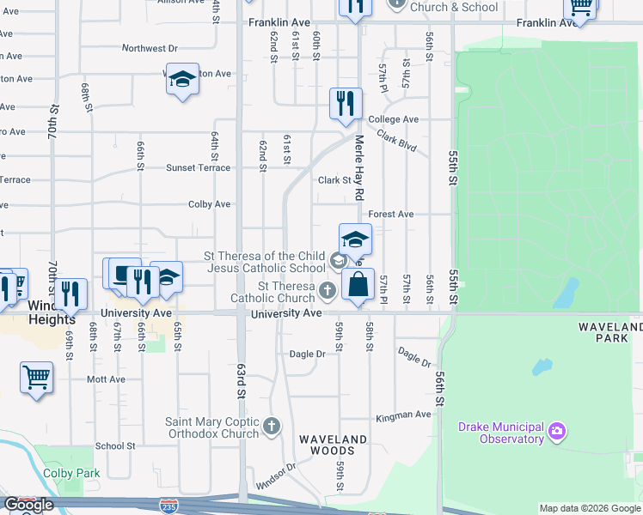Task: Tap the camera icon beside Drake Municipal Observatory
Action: [x=557, y=430]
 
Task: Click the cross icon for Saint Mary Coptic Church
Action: [x=272, y=426]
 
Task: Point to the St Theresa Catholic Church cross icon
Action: [x=327, y=292]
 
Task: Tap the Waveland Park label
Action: [x=610, y=333]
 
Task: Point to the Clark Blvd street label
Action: [x=395, y=142]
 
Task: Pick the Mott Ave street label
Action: [x=106, y=379]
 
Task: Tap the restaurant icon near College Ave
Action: [x=346, y=104]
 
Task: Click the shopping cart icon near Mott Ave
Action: [x=37, y=378]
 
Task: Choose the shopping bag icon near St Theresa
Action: [x=358, y=284]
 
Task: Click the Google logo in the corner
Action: [x=28, y=505]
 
